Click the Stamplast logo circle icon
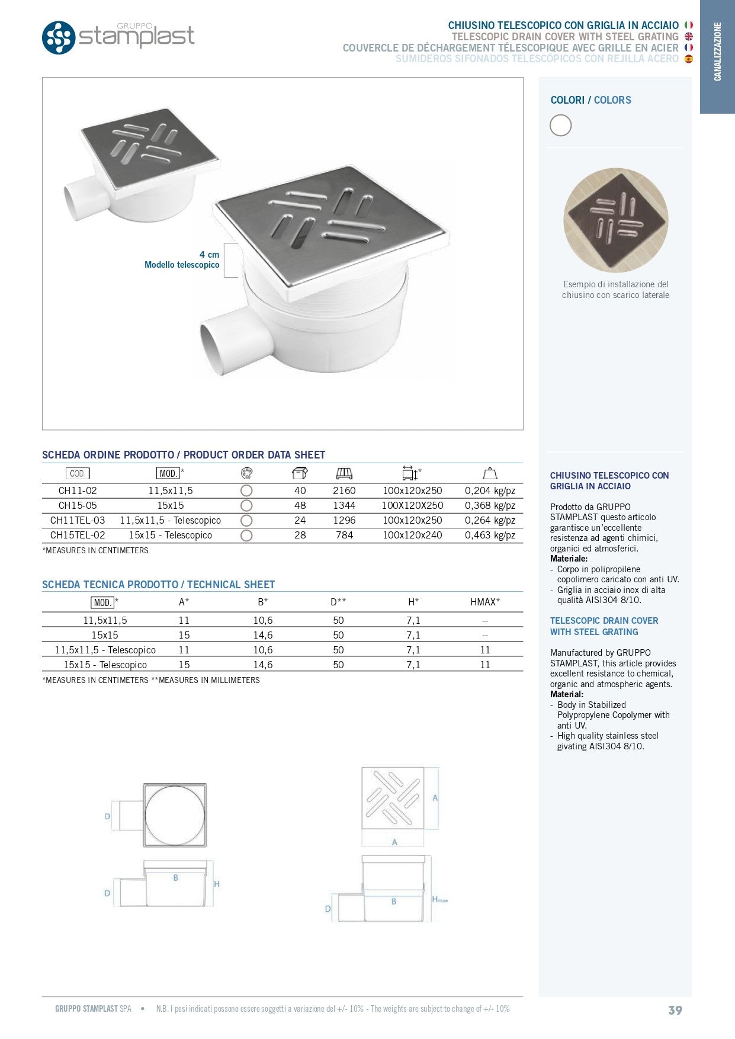pos(59,37)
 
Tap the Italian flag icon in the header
pos(688,25)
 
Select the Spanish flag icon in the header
pos(688,59)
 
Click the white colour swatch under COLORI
pos(560,126)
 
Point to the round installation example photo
pos(615,220)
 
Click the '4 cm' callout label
pos(209,255)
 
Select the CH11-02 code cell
pos(78,490)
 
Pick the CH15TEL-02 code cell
pos(78,535)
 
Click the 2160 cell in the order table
pos(344,490)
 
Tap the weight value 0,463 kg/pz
pos(490,535)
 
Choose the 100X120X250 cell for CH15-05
pos(412,505)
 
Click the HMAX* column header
pos(485,602)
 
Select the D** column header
pos(338,602)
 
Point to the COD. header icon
pos(78,473)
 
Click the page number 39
pos(675,1011)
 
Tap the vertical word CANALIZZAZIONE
pos(717,52)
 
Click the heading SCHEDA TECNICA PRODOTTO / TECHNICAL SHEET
pos(158,585)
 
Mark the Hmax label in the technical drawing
pos(439,899)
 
